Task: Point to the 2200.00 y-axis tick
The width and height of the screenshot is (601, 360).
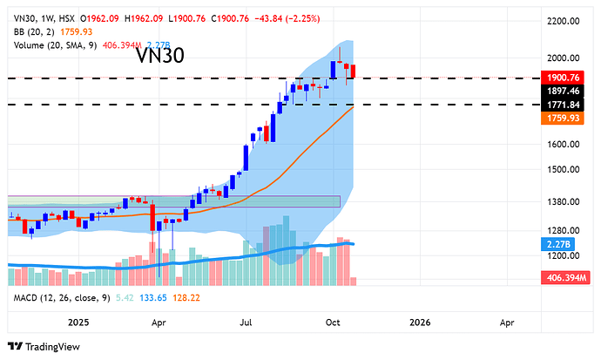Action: pyautogui.click(x=563, y=21)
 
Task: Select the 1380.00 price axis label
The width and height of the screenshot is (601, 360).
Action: pyautogui.click(x=563, y=201)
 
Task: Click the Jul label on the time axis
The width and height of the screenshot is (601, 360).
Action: pyautogui.click(x=247, y=322)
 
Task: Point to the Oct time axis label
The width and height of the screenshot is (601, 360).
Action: pyautogui.click(x=333, y=322)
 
